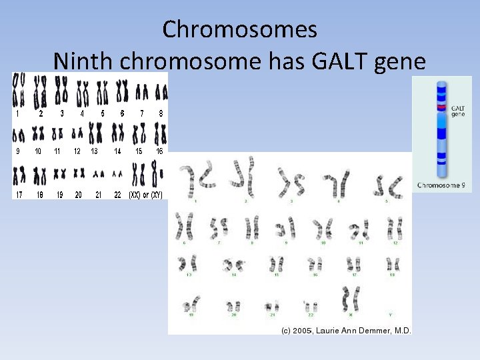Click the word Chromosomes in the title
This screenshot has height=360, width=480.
coord(239,29)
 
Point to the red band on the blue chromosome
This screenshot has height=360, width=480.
coord(441,107)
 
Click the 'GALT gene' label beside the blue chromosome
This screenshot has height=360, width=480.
coord(458,111)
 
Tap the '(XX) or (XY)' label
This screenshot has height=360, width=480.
coord(145,195)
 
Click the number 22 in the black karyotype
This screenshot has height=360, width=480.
coord(118,195)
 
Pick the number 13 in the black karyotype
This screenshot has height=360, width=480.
coord(95,151)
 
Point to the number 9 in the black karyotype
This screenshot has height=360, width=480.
coord(18,151)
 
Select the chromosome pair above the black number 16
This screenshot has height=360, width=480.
coord(160,134)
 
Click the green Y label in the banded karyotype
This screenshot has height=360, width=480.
coord(390,314)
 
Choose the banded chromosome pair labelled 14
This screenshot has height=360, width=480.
coord(235,263)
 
